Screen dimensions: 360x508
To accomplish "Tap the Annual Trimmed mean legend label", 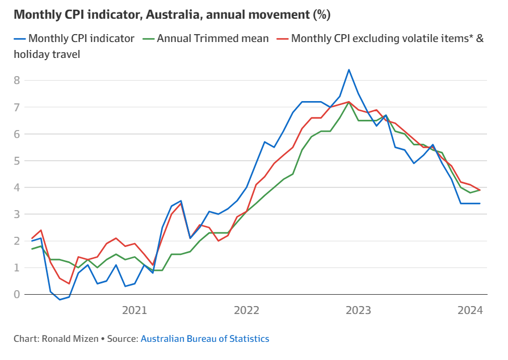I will (213, 39).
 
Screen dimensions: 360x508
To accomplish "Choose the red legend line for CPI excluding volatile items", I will (282, 39).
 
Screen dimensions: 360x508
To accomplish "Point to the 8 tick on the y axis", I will (18, 81).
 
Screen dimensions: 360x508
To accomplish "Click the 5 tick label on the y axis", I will (18, 161).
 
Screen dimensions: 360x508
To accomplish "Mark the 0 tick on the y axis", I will (18, 294).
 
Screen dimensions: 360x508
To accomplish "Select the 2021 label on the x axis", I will (135, 310).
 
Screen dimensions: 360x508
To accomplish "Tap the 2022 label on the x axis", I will (247, 310).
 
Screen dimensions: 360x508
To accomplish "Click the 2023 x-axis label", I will (359, 310).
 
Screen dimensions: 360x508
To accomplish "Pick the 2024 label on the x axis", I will (471, 310).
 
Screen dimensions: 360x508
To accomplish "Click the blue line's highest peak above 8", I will (349, 70).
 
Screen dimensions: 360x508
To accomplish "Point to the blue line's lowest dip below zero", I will (60, 299).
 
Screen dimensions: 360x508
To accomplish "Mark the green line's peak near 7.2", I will (349, 102).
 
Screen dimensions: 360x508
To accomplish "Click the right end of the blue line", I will (480, 203).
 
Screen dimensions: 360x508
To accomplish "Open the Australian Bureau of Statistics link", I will (205, 338).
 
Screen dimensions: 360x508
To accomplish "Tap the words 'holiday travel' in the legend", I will (47, 55).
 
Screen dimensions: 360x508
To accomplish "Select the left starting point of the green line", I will (32, 249).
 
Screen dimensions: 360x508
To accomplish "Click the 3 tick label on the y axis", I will (18, 214).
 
